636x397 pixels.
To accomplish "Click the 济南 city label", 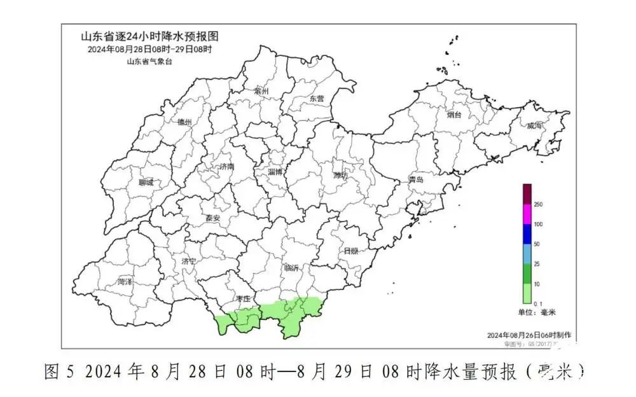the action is tap(227, 166).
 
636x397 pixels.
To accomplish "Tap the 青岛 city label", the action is tap(416, 180).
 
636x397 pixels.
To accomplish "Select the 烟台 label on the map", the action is tap(453, 115).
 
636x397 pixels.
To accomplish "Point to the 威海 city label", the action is tap(534, 127).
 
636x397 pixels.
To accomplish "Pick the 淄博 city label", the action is tap(275, 172).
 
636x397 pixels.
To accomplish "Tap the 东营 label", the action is tap(316, 99).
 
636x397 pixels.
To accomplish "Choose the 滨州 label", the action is tap(261, 92).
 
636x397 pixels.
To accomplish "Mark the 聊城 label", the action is tap(146, 183).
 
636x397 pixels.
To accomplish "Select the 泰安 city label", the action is tap(212, 218).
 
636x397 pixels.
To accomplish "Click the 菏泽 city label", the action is tap(125, 281).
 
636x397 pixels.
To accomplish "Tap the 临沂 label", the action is tap(292, 268).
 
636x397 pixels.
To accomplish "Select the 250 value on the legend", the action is tap(538, 204).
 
